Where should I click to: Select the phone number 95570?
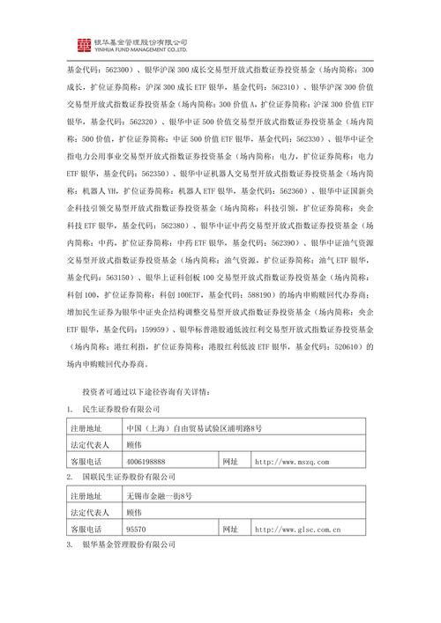136,530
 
